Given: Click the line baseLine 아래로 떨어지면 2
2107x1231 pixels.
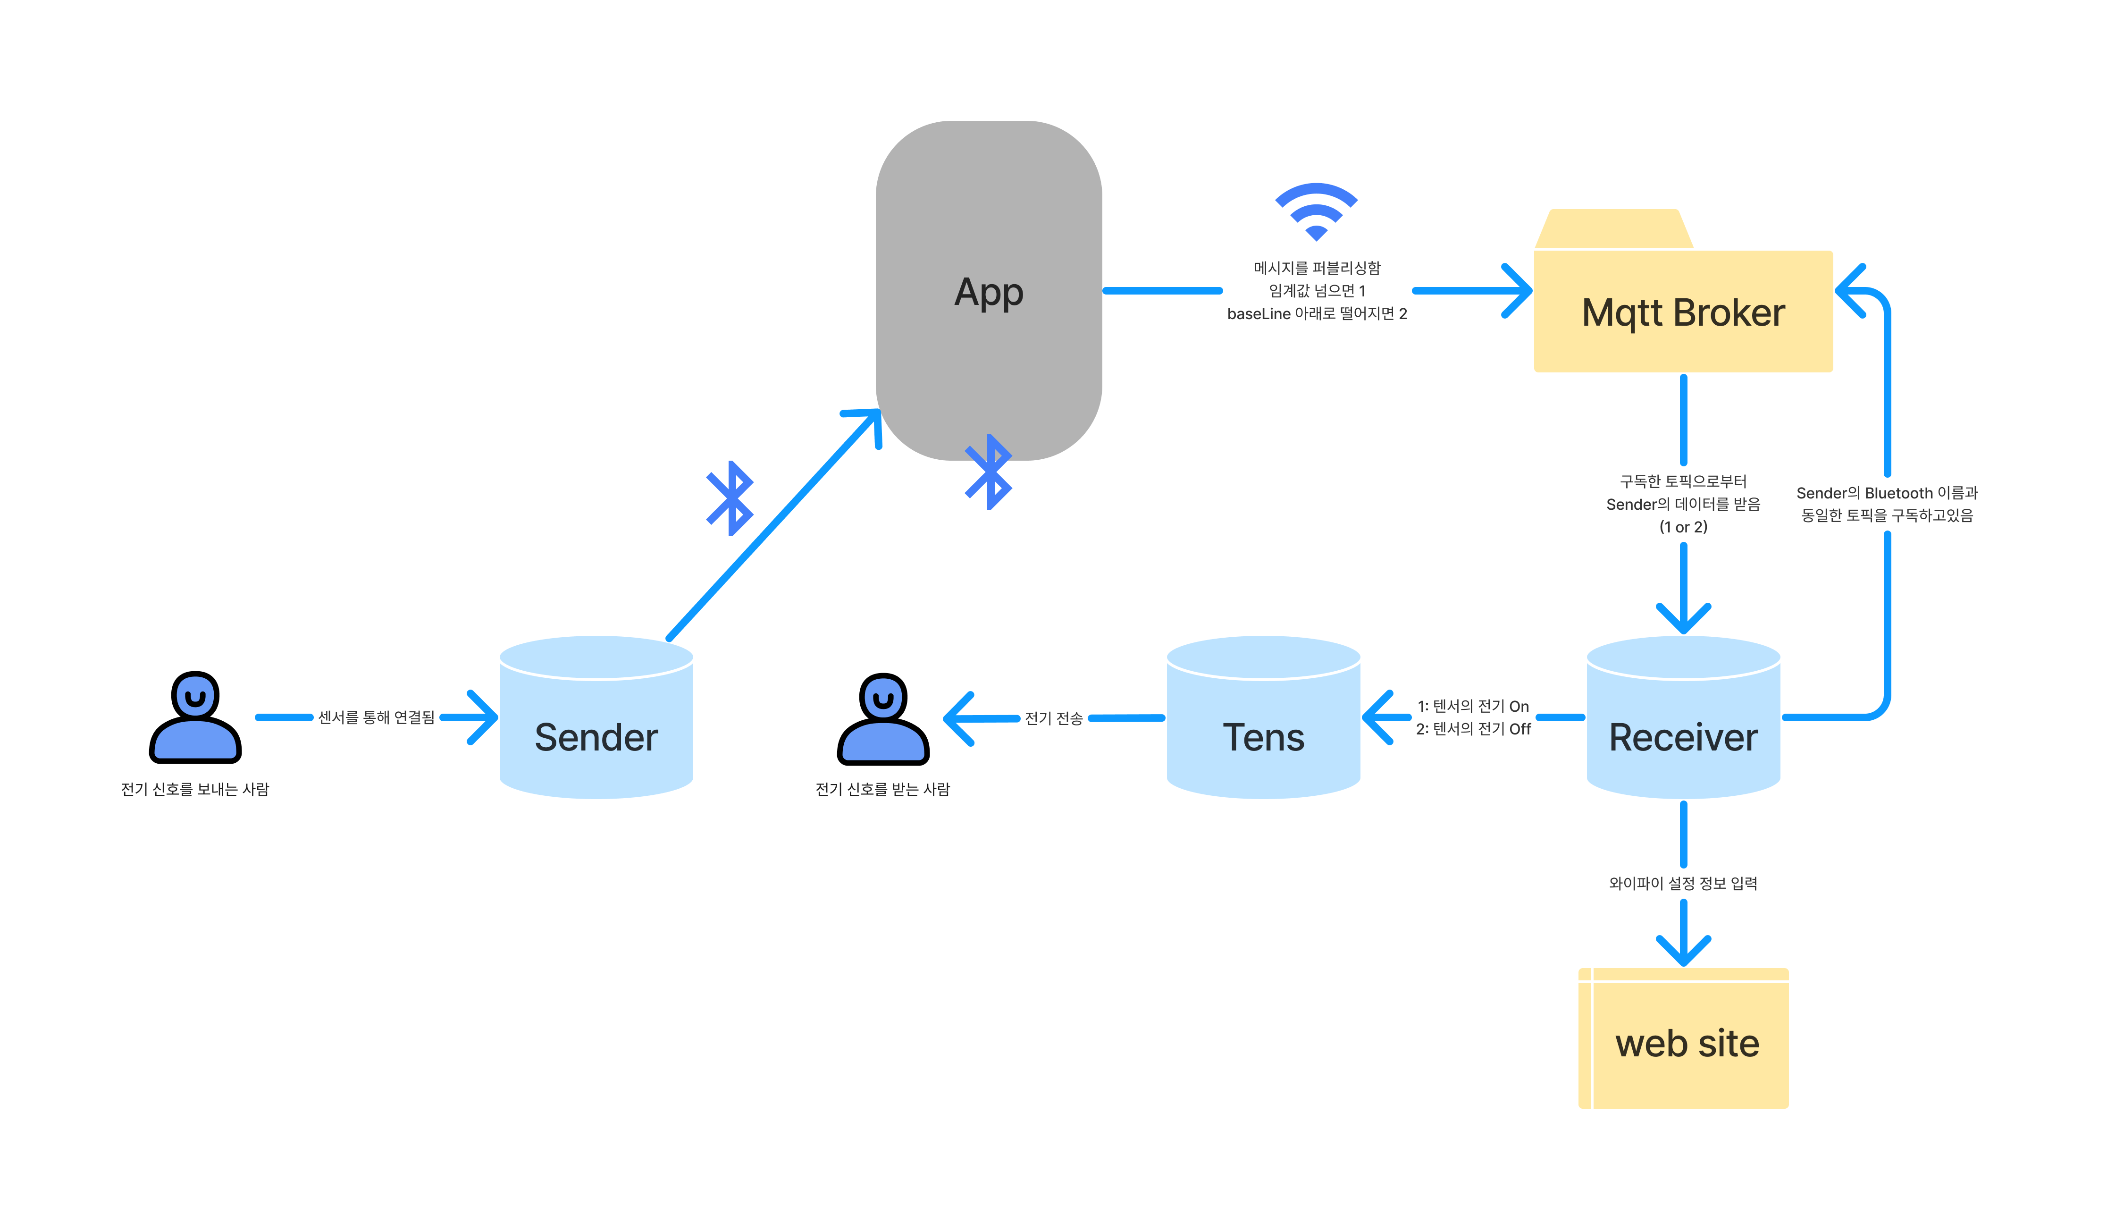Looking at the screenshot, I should coord(1317,313).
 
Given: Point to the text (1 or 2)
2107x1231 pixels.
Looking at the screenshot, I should coord(1683,527).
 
